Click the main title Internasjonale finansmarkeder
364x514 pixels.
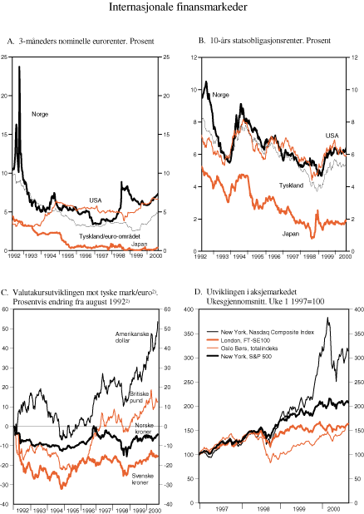181,8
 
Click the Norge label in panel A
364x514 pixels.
39,113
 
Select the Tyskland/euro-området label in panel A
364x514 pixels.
113,236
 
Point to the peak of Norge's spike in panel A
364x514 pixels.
19,67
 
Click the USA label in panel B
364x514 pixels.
332,135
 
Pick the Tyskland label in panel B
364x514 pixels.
291,185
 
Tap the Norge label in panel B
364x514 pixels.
220,95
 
